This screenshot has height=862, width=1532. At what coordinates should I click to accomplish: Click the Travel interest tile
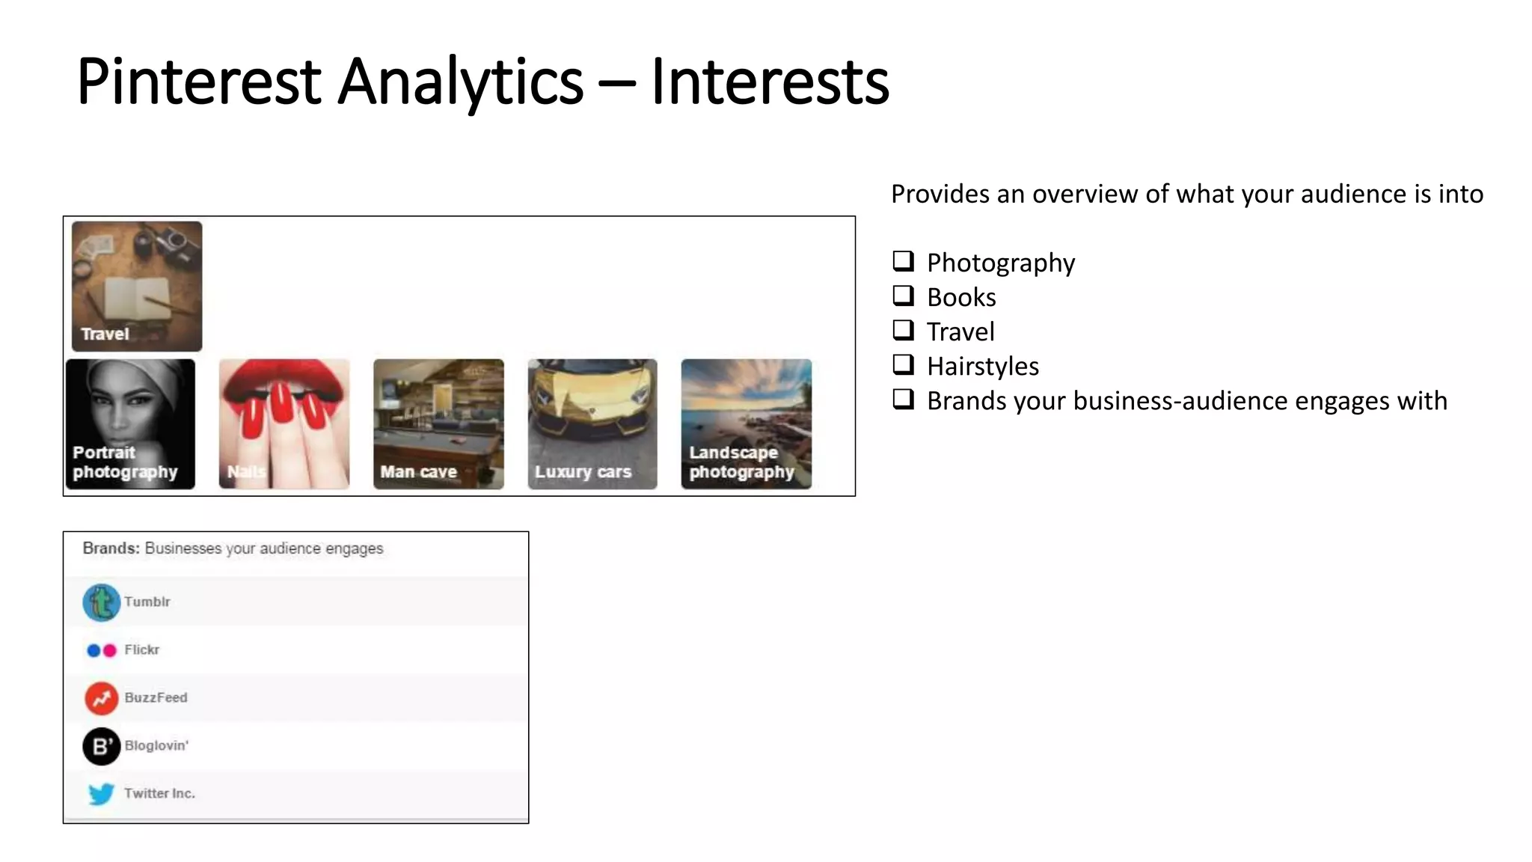pos(137,286)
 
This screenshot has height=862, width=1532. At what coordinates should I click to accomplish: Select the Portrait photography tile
pos(130,424)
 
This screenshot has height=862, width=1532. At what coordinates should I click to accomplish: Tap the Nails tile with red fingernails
pos(284,424)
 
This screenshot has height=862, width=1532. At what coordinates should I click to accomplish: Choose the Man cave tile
pos(438,424)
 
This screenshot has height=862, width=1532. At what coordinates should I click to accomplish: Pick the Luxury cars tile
pos(592,424)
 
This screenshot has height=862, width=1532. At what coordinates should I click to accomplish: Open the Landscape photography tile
pos(746,424)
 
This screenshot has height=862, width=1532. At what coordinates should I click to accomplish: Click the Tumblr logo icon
pos(102,602)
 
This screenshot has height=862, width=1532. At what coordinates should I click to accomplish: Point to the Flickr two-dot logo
pos(102,650)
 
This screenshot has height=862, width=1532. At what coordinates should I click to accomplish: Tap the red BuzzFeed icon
pos(102,698)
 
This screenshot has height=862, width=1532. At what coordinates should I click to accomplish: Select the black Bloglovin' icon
pos(102,746)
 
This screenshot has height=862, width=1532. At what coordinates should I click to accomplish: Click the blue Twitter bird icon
pos(102,793)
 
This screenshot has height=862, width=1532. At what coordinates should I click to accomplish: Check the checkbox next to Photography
pos(904,261)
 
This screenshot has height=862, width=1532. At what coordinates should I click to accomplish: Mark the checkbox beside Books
pos(904,296)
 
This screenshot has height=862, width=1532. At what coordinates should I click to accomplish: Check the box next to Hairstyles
pos(904,364)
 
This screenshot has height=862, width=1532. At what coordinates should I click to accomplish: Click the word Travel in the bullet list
pos(960,331)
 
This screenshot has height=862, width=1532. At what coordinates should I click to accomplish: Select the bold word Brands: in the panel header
pos(111,548)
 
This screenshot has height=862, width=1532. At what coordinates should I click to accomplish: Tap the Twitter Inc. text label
pos(159,793)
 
